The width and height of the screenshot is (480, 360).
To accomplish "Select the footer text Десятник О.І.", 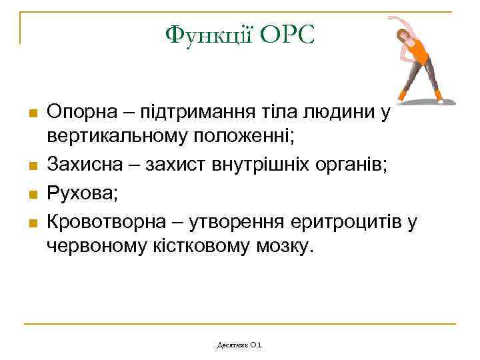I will (240, 345).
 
